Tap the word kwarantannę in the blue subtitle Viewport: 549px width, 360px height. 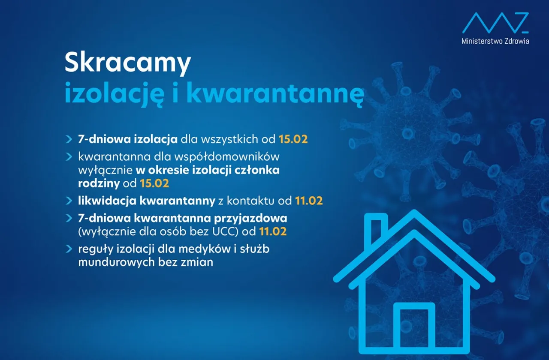point(275,94)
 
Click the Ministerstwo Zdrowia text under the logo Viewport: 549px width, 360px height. point(495,41)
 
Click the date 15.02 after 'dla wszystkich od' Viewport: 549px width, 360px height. point(293,139)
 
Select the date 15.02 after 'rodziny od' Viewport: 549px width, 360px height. point(154,183)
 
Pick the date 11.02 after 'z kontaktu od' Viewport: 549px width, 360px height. point(309,201)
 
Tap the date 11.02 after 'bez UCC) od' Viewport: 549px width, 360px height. point(273,231)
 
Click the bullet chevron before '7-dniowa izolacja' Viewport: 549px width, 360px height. point(69,139)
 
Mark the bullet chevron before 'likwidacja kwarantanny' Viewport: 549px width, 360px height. point(69,201)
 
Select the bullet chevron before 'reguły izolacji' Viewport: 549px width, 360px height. point(69,249)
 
